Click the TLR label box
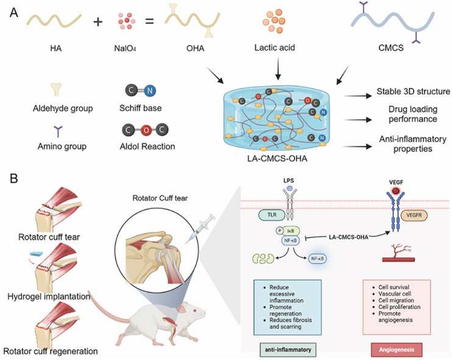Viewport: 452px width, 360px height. (x=272, y=215)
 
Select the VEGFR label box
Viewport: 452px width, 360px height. (x=414, y=215)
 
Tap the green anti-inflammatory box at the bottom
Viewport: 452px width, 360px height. (x=288, y=350)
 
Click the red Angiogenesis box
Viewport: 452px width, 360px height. (x=397, y=350)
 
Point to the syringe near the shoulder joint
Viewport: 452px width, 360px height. (x=200, y=229)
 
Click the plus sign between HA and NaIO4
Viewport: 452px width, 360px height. (x=98, y=22)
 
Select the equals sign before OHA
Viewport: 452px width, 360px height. (x=149, y=21)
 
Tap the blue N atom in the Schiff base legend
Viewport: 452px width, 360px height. (x=150, y=91)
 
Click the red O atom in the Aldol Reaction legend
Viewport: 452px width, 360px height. (x=146, y=130)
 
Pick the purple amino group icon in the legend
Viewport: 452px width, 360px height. (x=58, y=132)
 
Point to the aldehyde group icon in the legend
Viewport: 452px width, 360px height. (x=56, y=90)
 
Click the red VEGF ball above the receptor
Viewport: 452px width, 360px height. (x=395, y=191)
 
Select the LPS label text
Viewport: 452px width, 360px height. (x=289, y=181)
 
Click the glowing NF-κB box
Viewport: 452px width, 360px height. (x=317, y=259)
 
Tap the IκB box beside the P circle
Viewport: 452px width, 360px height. (x=291, y=231)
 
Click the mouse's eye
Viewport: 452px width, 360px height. (x=194, y=311)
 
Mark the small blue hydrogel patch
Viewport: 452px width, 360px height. (x=36, y=254)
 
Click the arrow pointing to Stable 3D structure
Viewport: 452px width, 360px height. (x=358, y=96)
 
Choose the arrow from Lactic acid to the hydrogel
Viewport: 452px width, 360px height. (x=278, y=68)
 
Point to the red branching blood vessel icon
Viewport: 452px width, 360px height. (x=398, y=253)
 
